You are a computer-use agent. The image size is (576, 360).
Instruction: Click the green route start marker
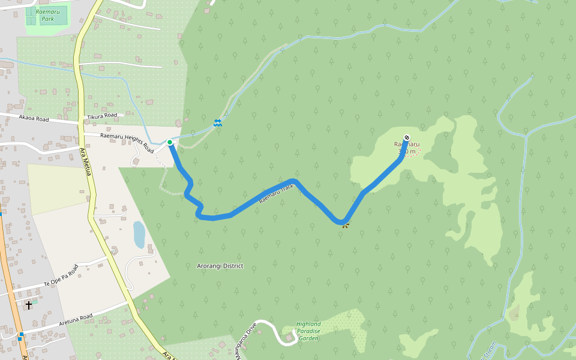170,142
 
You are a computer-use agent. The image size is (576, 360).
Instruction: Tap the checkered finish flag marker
407,137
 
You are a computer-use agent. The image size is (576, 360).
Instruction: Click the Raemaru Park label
47,16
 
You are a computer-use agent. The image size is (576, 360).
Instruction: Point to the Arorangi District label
220,266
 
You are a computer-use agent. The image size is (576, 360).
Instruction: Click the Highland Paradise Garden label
308,331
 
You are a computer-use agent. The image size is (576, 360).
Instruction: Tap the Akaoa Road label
34,119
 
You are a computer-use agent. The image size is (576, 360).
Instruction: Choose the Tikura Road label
101,115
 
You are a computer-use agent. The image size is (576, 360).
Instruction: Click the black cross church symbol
29,305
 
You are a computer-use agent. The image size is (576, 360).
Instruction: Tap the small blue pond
139,235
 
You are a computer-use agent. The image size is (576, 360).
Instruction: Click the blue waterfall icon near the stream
217,123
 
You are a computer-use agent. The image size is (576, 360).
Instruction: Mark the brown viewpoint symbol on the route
344,224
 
